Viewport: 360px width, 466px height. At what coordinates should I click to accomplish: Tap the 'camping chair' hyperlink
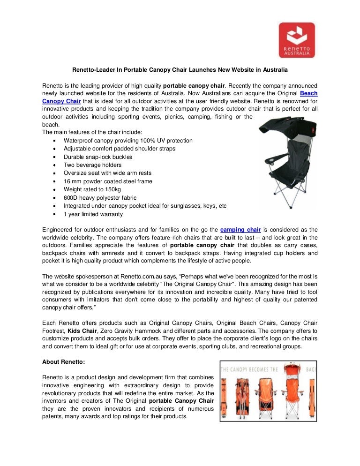pos(240,229)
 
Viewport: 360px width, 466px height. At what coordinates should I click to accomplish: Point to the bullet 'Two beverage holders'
pos(92,165)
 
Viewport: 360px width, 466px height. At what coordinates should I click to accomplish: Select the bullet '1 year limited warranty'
pos(93,214)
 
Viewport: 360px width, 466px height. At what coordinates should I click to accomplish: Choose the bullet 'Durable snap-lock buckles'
pos(98,157)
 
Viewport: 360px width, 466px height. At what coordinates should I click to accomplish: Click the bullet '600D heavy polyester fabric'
pos(100,198)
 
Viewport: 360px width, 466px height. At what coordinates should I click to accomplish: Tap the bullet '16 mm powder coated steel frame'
pos(108,181)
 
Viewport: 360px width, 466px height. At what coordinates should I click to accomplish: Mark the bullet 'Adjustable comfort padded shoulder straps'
pos(120,149)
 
